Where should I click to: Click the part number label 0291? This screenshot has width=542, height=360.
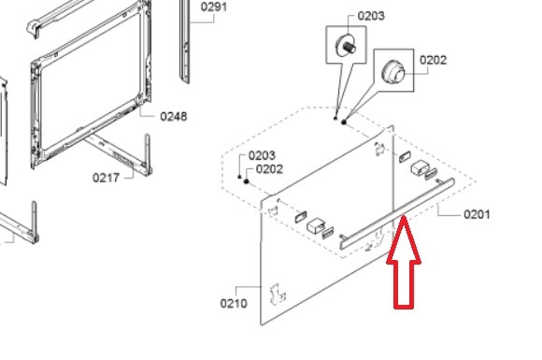[214, 7]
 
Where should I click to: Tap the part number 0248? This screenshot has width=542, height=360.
[174, 117]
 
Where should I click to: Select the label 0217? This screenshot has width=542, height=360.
[106, 178]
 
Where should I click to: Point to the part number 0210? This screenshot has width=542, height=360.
[234, 303]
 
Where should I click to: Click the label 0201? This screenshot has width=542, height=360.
[477, 214]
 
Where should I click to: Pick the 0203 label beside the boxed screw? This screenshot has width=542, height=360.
[371, 16]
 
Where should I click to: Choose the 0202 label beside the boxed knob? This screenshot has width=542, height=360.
[433, 60]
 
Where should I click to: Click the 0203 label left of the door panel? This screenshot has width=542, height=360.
[262, 155]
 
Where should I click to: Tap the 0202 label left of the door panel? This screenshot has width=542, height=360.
[269, 169]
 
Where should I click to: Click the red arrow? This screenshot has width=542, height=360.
[404, 262]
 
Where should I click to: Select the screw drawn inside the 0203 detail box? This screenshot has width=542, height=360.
[346, 45]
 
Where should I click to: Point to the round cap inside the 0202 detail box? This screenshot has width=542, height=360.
[393, 72]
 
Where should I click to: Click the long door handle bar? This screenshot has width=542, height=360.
[397, 213]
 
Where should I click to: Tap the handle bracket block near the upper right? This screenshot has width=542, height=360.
[420, 166]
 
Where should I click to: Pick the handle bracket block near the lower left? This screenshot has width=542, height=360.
[316, 225]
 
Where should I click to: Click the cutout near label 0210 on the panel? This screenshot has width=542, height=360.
[278, 294]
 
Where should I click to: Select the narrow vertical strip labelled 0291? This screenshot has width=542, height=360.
[184, 41]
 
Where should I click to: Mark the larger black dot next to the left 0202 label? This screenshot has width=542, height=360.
[247, 181]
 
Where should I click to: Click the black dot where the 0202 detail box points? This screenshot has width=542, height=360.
[344, 122]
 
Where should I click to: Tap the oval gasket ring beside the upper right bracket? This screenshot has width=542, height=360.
[405, 157]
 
